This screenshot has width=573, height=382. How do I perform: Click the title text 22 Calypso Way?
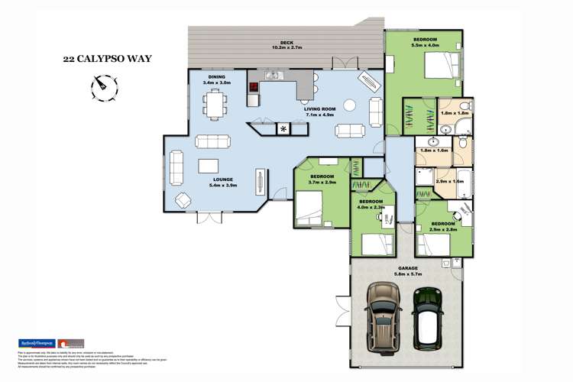click(x=102, y=57)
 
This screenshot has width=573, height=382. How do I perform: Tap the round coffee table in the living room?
click(x=348, y=105)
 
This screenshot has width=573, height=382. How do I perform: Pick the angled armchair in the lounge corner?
click(x=184, y=201)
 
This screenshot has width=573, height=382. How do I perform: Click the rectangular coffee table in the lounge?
click(x=209, y=165)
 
